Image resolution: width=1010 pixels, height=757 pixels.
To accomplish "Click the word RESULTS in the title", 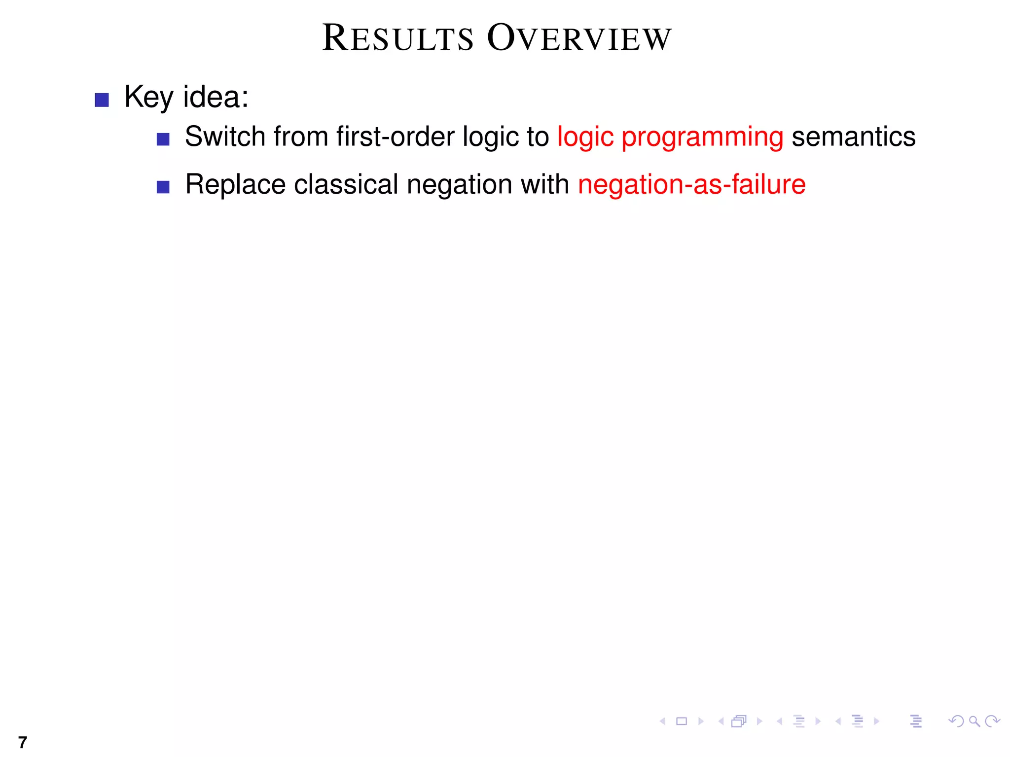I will coord(397,38).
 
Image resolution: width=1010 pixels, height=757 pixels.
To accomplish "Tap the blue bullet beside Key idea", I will coord(102,100).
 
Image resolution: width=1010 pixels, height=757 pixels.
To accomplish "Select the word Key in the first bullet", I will coord(148,97).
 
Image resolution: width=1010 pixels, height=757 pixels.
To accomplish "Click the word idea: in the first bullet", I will coord(216,97).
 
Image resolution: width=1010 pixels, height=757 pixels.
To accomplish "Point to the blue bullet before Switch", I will coord(163,139).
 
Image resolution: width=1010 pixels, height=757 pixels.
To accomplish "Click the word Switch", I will coord(225,137).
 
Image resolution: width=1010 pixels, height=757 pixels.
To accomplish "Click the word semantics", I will coord(853,137).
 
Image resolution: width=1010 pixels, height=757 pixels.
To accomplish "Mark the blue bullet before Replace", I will coord(163,187).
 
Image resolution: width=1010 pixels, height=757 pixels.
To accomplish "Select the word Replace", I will coord(235,185).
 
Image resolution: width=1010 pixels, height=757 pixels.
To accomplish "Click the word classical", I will coord(346,184).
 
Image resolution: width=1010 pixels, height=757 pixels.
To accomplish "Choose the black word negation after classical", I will coord(459,185).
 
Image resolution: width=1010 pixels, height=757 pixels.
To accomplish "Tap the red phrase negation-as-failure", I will coord(691,185).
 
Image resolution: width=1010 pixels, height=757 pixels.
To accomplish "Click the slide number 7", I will coord(22,742).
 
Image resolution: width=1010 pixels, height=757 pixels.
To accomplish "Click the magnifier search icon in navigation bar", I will coord(974,722).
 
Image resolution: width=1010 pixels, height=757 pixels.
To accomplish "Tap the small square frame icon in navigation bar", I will coord(682,722).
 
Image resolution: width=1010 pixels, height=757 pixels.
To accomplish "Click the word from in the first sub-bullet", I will coord(301,137).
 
